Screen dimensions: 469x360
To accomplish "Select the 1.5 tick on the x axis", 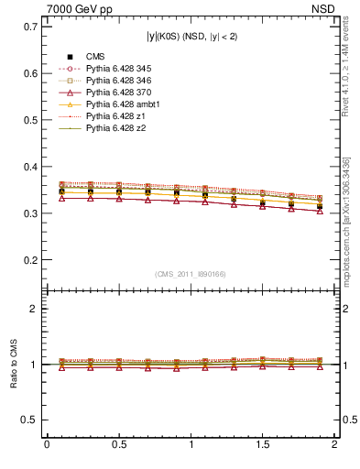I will tap(263, 444).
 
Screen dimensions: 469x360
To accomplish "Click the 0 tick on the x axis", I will tap(47, 444).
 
